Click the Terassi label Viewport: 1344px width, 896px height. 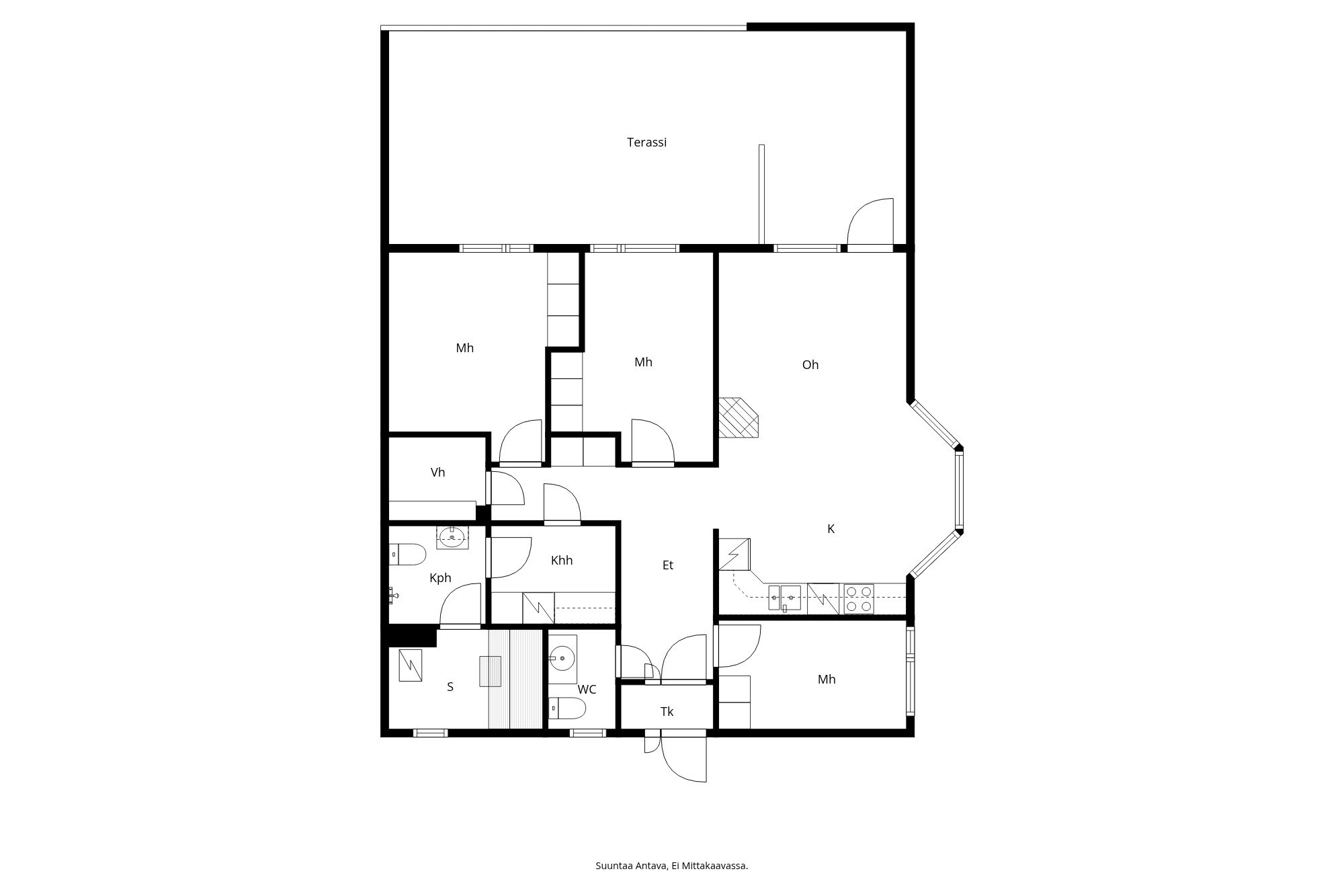tap(646, 142)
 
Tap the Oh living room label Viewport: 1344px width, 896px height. tap(810, 365)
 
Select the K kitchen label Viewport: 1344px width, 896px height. tap(831, 529)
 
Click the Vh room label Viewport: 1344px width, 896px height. tap(437, 473)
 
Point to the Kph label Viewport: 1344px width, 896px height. tap(440, 578)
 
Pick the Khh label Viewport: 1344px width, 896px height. tap(561, 561)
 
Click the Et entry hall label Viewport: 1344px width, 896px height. tap(667, 565)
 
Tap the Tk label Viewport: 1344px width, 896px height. tap(667, 712)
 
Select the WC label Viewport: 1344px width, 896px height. tap(587, 690)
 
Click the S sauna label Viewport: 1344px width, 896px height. tap(450, 687)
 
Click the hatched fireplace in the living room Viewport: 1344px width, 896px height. tap(738, 417)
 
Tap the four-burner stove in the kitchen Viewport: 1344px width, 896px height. tap(859, 599)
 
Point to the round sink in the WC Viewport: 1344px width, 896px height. tap(562, 657)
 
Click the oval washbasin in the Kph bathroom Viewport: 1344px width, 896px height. tap(452, 537)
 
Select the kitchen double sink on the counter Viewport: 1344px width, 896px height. tap(784, 598)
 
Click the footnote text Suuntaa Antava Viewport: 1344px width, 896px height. tap(671, 866)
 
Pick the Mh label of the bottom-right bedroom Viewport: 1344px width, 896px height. tap(826, 680)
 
